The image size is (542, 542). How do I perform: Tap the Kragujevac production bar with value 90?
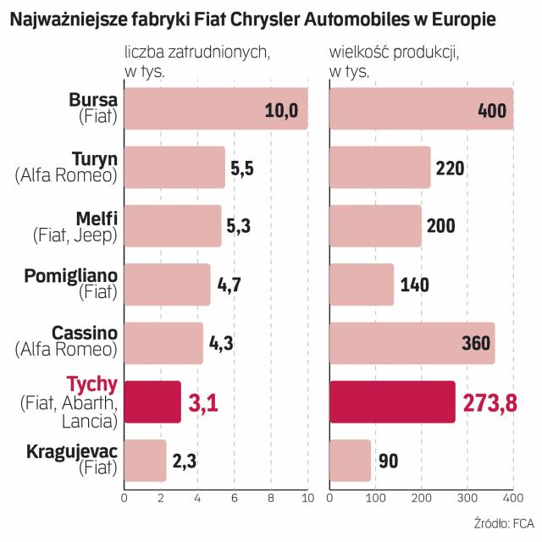tap(350, 461)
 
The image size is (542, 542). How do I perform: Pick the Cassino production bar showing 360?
tap(412, 343)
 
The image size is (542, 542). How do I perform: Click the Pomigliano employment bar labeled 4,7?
tap(167, 285)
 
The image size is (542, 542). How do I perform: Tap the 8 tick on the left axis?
tap(270, 499)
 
